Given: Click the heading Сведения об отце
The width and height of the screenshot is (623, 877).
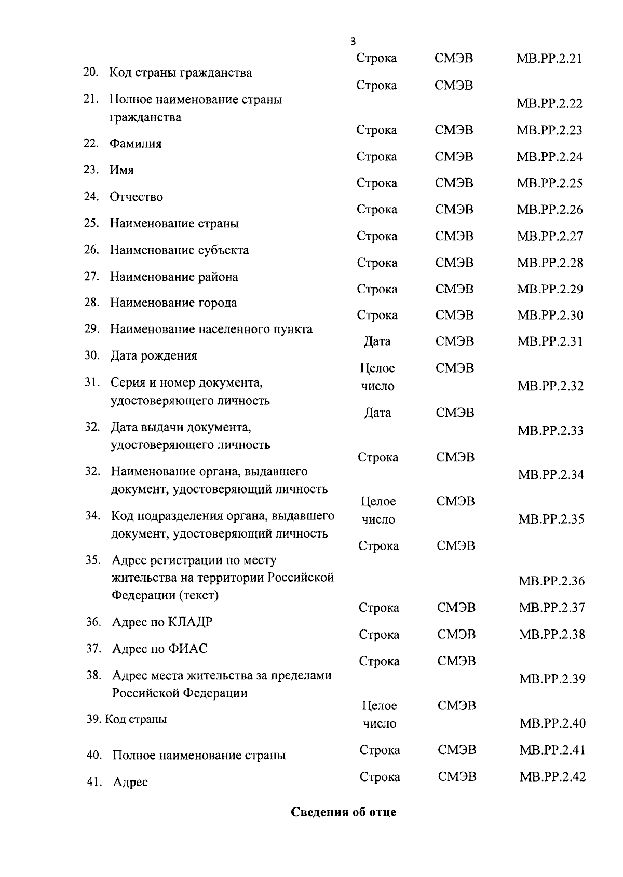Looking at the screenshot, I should click(x=343, y=812).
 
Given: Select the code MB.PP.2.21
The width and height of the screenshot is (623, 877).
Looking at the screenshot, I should click(x=549, y=59).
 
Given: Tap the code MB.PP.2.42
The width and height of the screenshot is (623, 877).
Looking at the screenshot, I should click(x=552, y=777).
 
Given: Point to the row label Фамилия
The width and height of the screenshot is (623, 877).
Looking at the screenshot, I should click(x=136, y=144).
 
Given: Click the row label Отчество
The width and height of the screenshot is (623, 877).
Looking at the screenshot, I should click(x=136, y=197).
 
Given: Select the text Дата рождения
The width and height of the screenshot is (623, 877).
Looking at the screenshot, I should click(x=154, y=356).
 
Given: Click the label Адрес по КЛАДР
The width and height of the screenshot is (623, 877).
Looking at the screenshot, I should click(x=162, y=622).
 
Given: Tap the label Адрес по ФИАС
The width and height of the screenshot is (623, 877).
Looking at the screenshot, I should click(x=160, y=649).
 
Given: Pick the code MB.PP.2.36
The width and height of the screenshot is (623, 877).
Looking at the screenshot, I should click(x=551, y=581).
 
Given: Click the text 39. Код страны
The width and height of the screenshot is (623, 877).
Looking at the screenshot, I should click(x=127, y=720).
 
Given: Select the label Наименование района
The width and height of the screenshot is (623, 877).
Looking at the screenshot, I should click(x=174, y=277).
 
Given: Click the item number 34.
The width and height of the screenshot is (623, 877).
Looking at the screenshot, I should click(x=92, y=516).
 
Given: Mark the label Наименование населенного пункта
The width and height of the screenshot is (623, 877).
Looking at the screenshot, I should click(x=211, y=330).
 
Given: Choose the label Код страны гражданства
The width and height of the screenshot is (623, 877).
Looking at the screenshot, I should click(x=181, y=73).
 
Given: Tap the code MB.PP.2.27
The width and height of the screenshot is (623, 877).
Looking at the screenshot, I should click(x=550, y=237).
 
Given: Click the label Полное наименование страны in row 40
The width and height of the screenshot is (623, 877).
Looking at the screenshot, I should click(x=199, y=756).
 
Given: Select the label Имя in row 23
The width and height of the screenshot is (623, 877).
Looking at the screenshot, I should click(x=121, y=170).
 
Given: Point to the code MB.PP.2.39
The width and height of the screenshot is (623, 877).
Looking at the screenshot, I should click(x=552, y=679).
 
